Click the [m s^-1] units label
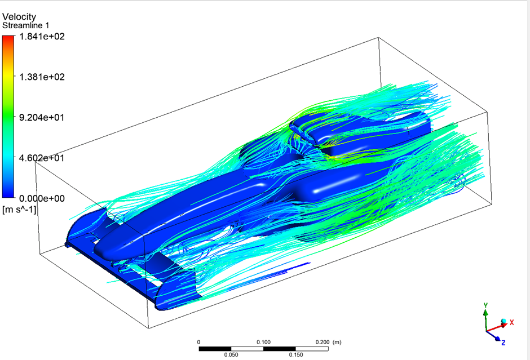click(x=19, y=210)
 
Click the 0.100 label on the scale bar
click(x=263, y=342)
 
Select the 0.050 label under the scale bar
click(x=231, y=355)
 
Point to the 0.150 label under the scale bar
click(x=296, y=355)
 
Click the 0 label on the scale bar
click(x=198, y=342)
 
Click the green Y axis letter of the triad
click(x=485, y=305)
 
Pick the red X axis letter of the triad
click(x=512, y=322)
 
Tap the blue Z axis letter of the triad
click(x=503, y=342)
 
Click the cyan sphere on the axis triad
click(x=503, y=322)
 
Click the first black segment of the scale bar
click(x=215, y=348)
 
